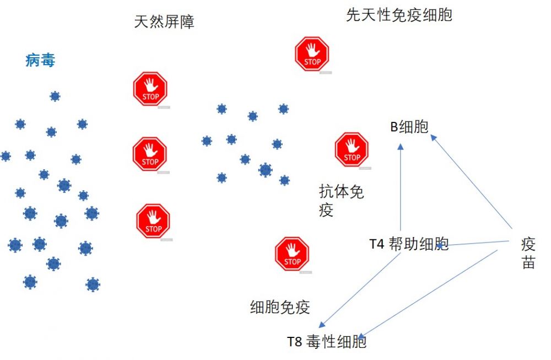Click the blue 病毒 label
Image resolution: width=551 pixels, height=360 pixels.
click(40, 61)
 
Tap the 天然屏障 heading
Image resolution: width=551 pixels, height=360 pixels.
click(164, 22)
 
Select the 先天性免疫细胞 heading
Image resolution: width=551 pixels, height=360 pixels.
click(399, 15)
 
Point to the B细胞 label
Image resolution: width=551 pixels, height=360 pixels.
click(409, 127)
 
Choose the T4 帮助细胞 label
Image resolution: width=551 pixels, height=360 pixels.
click(409, 244)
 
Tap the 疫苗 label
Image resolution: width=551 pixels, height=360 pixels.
click(528, 252)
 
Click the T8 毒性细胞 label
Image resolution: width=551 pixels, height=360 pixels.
click(327, 342)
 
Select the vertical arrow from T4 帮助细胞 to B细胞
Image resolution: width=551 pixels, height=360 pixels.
click(401, 187)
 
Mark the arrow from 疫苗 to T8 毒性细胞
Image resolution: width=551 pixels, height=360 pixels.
click(428, 294)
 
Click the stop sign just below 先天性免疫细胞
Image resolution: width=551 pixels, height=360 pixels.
click(312, 54)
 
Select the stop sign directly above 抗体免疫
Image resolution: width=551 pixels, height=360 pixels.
click(352, 149)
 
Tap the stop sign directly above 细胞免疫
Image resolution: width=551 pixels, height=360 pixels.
click(292, 254)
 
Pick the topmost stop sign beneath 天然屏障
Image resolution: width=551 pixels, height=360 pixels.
click(150, 89)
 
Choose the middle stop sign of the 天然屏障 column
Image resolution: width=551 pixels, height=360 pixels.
click(150, 154)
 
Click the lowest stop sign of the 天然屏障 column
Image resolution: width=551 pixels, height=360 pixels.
click(153, 221)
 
